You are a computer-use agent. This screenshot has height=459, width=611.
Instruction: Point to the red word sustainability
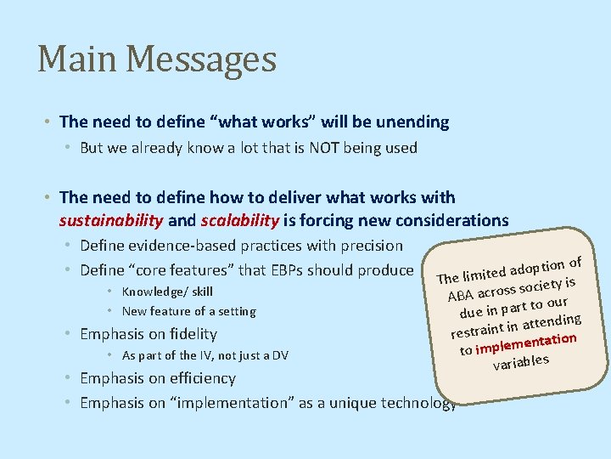click(111, 221)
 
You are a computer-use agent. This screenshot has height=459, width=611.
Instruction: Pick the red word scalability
click(239, 221)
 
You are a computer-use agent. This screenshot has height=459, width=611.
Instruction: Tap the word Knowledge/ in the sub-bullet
click(157, 292)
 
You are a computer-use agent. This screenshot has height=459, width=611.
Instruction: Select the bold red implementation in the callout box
click(526, 343)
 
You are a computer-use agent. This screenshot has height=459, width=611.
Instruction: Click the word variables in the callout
click(521, 363)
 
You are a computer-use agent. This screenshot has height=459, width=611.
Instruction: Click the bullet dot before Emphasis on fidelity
click(66, 334)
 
